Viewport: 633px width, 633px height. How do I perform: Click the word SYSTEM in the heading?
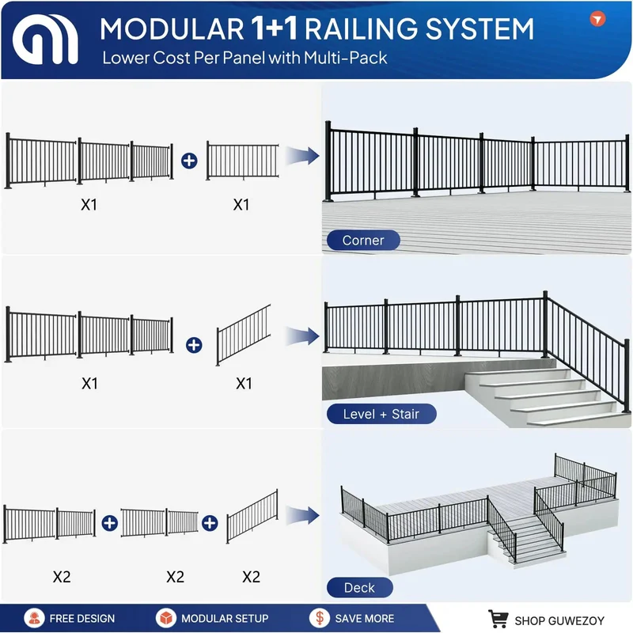tap(479, 28)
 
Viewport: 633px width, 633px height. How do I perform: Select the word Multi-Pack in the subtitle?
tap(346, 58)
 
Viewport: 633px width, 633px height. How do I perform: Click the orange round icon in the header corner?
tap(597, 18)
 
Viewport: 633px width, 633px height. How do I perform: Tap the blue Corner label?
tap(363, 241)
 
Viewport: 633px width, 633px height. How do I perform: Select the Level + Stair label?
tap(381, 414)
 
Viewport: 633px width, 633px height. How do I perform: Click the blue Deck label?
tap(360, 587)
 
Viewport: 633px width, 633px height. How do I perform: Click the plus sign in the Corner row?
tap(189, 161)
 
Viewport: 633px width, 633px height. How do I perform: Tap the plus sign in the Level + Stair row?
tap(194, 345)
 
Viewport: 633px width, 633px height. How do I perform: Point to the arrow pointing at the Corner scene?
tap(302, 156)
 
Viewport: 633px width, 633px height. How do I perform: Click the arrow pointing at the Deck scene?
tap(302, 515)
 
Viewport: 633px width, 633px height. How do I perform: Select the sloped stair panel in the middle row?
tap(244, 335)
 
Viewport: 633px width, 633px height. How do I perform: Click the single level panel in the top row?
tap(243, 161)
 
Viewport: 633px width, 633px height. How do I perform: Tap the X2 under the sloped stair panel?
tap(251, 577)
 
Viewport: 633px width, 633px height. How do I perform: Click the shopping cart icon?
tap(498, 619)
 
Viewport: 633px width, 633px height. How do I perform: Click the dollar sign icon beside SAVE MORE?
tap(320, 618)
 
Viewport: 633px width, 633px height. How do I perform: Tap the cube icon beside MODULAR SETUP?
tap(166, 618)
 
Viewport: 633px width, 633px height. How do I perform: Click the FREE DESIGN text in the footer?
tap(82, 619)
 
